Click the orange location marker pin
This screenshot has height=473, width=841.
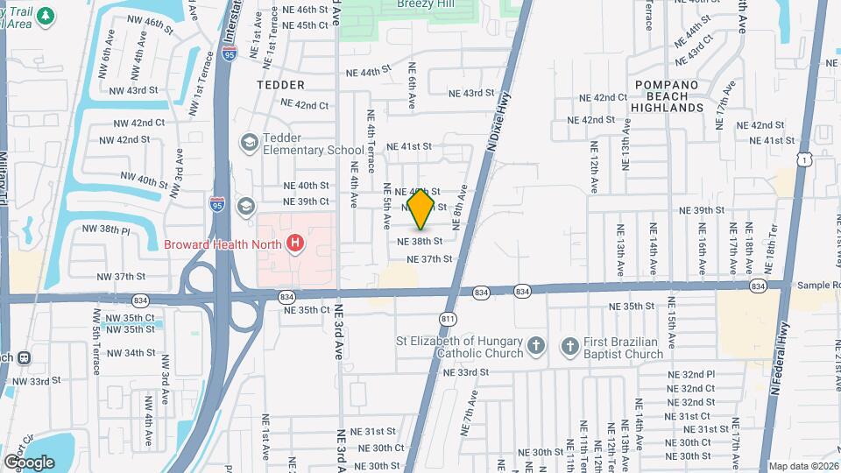(x=421, y=208)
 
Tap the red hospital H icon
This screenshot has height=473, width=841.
(x=296, y=243)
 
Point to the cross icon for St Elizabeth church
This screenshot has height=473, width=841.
(x=537, y=348)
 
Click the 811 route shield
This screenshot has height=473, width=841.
(x=449, y=319)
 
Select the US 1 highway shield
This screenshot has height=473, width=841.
(x=804, y=159)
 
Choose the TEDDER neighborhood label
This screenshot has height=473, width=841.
(x=280, y=85)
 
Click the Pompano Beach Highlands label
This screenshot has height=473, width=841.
(x=668, y=95)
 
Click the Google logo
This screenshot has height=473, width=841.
(x=29, y=462)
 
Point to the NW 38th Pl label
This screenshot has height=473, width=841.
(x=105, y=229)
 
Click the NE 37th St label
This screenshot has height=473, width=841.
(x=429, y=259)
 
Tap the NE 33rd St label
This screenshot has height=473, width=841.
(x=466, y=372)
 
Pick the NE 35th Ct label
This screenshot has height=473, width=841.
(x=307, y=310)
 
